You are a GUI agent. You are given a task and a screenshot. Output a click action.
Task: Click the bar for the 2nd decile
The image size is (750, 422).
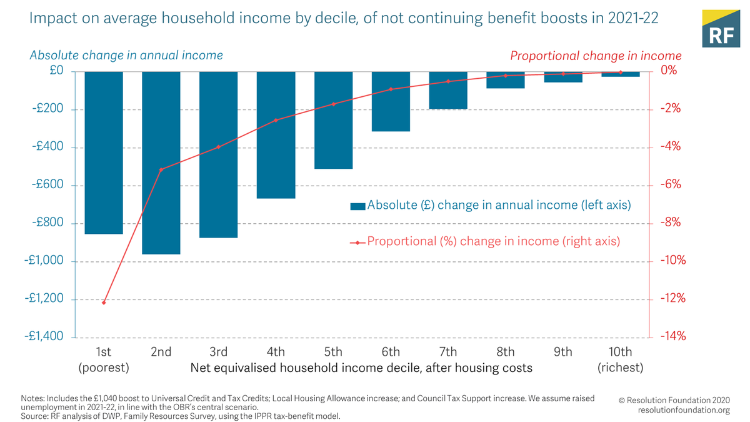pyautogui.click(x=161, y=163)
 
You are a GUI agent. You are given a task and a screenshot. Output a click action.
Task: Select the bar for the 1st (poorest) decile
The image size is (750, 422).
pyautogui.click(x=104, y=153)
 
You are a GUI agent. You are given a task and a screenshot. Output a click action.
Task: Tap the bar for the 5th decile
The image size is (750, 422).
pyautogui.click(x=333, y=120)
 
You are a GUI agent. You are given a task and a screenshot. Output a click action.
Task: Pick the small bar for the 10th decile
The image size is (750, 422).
pyautogui.click(x=621, y=74)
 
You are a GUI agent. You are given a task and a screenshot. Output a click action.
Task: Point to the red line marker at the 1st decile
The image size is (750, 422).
pyautogui.click(x=104, y=303)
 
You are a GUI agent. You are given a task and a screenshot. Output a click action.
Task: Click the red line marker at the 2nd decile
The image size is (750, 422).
pyautogui.click(x=161, y=169)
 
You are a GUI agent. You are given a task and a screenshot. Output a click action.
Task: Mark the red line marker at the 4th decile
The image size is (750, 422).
pyautogui.click(x=276, y=120)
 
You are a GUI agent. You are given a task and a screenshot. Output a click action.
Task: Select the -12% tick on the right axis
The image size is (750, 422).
pyautogui.click(x=672, y=298)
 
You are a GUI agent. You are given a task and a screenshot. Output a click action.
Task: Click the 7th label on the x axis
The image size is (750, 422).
pyautogui.click(x=448, y=352)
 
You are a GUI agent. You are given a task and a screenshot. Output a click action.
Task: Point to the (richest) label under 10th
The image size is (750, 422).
pyautogui.click(x=620, y=368)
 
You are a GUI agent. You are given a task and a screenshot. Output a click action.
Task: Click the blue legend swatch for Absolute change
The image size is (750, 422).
pyautogui.click(x=357, y=206)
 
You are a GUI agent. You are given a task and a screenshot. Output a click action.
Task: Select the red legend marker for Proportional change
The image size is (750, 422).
pyautogui.click(x=357, y=242)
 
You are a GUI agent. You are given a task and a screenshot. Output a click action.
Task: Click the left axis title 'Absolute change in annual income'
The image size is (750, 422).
pyautogui.click(x=126, y=55)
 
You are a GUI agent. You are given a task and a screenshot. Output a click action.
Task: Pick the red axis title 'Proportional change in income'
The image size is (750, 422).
pyautogui.click(x=596, y=56)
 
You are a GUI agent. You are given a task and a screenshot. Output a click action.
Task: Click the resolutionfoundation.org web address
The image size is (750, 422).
pyautogui.click(x=684, y=410)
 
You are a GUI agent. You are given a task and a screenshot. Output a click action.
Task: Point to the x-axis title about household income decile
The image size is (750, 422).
pyautogui.click(x=361, y=368)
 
